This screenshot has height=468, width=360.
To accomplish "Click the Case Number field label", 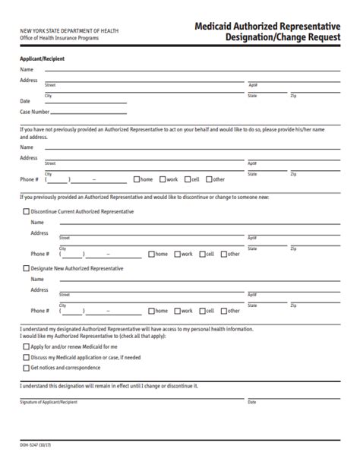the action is click(35, 112).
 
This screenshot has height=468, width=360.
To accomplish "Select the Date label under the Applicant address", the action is click(25, 101).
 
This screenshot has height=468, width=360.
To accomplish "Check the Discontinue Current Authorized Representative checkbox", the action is click(27, 211).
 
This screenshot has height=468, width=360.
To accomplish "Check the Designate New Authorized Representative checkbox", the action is click(27, 268).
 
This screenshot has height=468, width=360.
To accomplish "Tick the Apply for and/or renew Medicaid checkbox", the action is click(27, 346).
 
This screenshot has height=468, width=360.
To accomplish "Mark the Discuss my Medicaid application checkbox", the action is click(27, 356).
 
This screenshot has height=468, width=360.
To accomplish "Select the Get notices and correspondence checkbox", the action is click(27, 367).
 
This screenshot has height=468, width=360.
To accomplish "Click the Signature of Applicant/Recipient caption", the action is click(49, 400).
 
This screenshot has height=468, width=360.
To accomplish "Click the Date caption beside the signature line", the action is click(252, 400).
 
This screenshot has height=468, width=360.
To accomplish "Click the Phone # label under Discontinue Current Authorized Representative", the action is click(40, 254).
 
